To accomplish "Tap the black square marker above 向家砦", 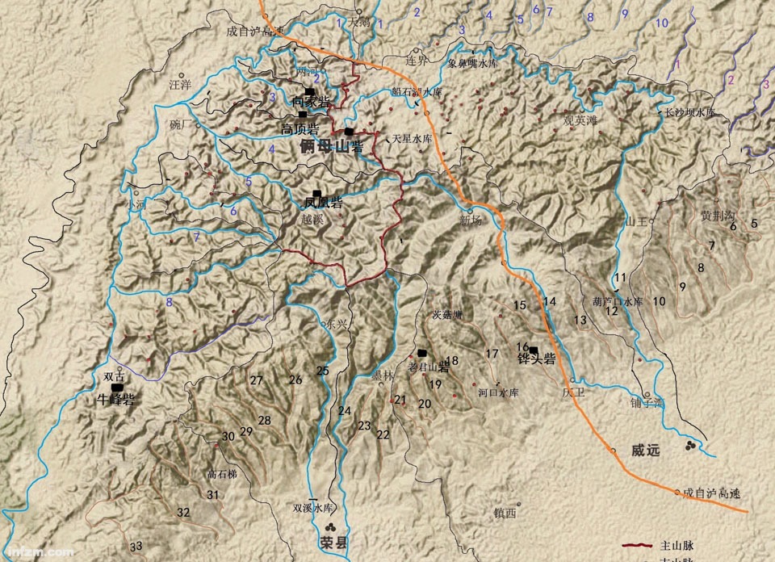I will [x=309, y=91].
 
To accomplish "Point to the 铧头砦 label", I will [x=536, y=360].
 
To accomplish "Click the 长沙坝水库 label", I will [x=689, y=113].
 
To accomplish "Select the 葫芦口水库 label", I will [x=618, y=300].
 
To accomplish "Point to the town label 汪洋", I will [x=180, y=84].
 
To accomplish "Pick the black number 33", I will [x=136, y=546].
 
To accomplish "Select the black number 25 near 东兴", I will [x=323, y=371].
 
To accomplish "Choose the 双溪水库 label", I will [x=312, y=508].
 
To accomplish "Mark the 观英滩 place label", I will [x=580, y=120].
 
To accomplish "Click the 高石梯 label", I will [x=222, y=474].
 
